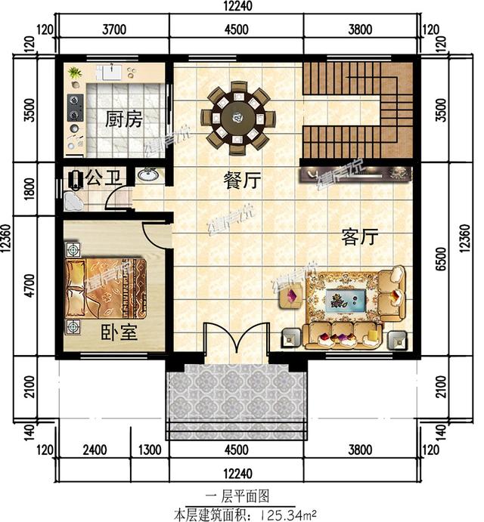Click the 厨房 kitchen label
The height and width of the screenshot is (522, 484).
tap(124, 119)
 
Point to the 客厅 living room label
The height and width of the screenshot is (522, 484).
tap(359, 238)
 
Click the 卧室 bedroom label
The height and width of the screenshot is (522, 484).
tap(119, 332)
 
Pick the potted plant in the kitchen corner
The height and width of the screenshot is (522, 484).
tap(73, 73)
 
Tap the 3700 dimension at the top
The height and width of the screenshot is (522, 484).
tap(113, 30)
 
